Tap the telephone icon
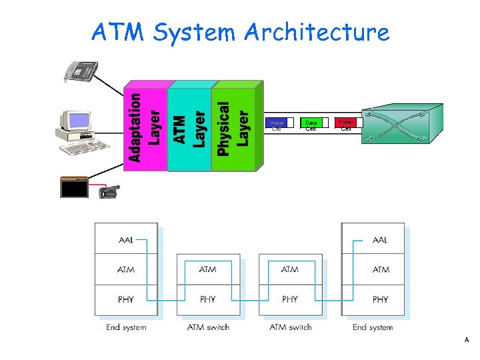[x=81, y=71]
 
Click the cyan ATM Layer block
[x=189, y=128]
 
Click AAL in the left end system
[x=126, y=239]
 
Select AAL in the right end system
[x=380, y=239]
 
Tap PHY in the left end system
[x=126, y=299]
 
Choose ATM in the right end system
[x=380, y=269]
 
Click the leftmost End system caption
[x=126, y=327]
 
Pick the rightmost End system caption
[x=373, y=327]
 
